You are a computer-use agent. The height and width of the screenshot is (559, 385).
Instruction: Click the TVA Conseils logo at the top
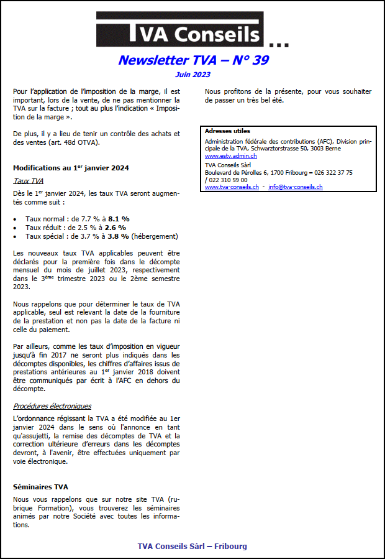(180, 29)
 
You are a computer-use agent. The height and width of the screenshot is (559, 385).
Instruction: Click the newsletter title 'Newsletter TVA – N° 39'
(193, 60)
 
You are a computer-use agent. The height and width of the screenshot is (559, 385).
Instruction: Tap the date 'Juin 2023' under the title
(192, 75)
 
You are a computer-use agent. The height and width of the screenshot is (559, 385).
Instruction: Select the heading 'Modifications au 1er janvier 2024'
(71, 168)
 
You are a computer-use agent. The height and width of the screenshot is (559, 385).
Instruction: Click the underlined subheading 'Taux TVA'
(28, 181)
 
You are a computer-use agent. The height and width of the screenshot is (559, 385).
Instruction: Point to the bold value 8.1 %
(118, 219)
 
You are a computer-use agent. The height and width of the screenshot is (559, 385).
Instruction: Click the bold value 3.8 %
(117, 236)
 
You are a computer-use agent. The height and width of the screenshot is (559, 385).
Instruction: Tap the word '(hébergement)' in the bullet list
(155, 236)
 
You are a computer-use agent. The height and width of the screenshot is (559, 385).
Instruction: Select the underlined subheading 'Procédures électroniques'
(52, 406)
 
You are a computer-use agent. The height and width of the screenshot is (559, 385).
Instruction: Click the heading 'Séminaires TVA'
(40, 487)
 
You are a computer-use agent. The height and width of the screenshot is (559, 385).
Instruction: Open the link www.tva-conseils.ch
(232, 187)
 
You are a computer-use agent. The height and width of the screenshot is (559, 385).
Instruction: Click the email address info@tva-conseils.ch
(295, 187)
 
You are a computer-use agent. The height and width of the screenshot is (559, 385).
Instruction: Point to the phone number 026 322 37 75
(333, 172)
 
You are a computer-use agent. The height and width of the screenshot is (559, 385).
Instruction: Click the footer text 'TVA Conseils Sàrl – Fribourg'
(192, 546)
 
